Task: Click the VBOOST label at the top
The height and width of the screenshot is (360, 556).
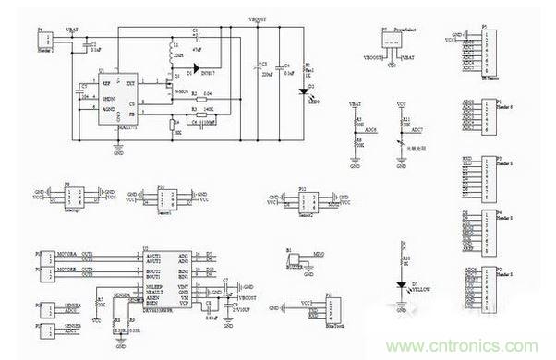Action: coord(260,17)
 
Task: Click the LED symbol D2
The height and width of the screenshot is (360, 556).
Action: coord(304,90)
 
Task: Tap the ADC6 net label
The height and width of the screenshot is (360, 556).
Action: coord(370,131)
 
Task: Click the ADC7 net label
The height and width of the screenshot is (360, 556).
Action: coord(418,131)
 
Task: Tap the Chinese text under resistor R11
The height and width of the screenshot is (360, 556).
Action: coord(417,148)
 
